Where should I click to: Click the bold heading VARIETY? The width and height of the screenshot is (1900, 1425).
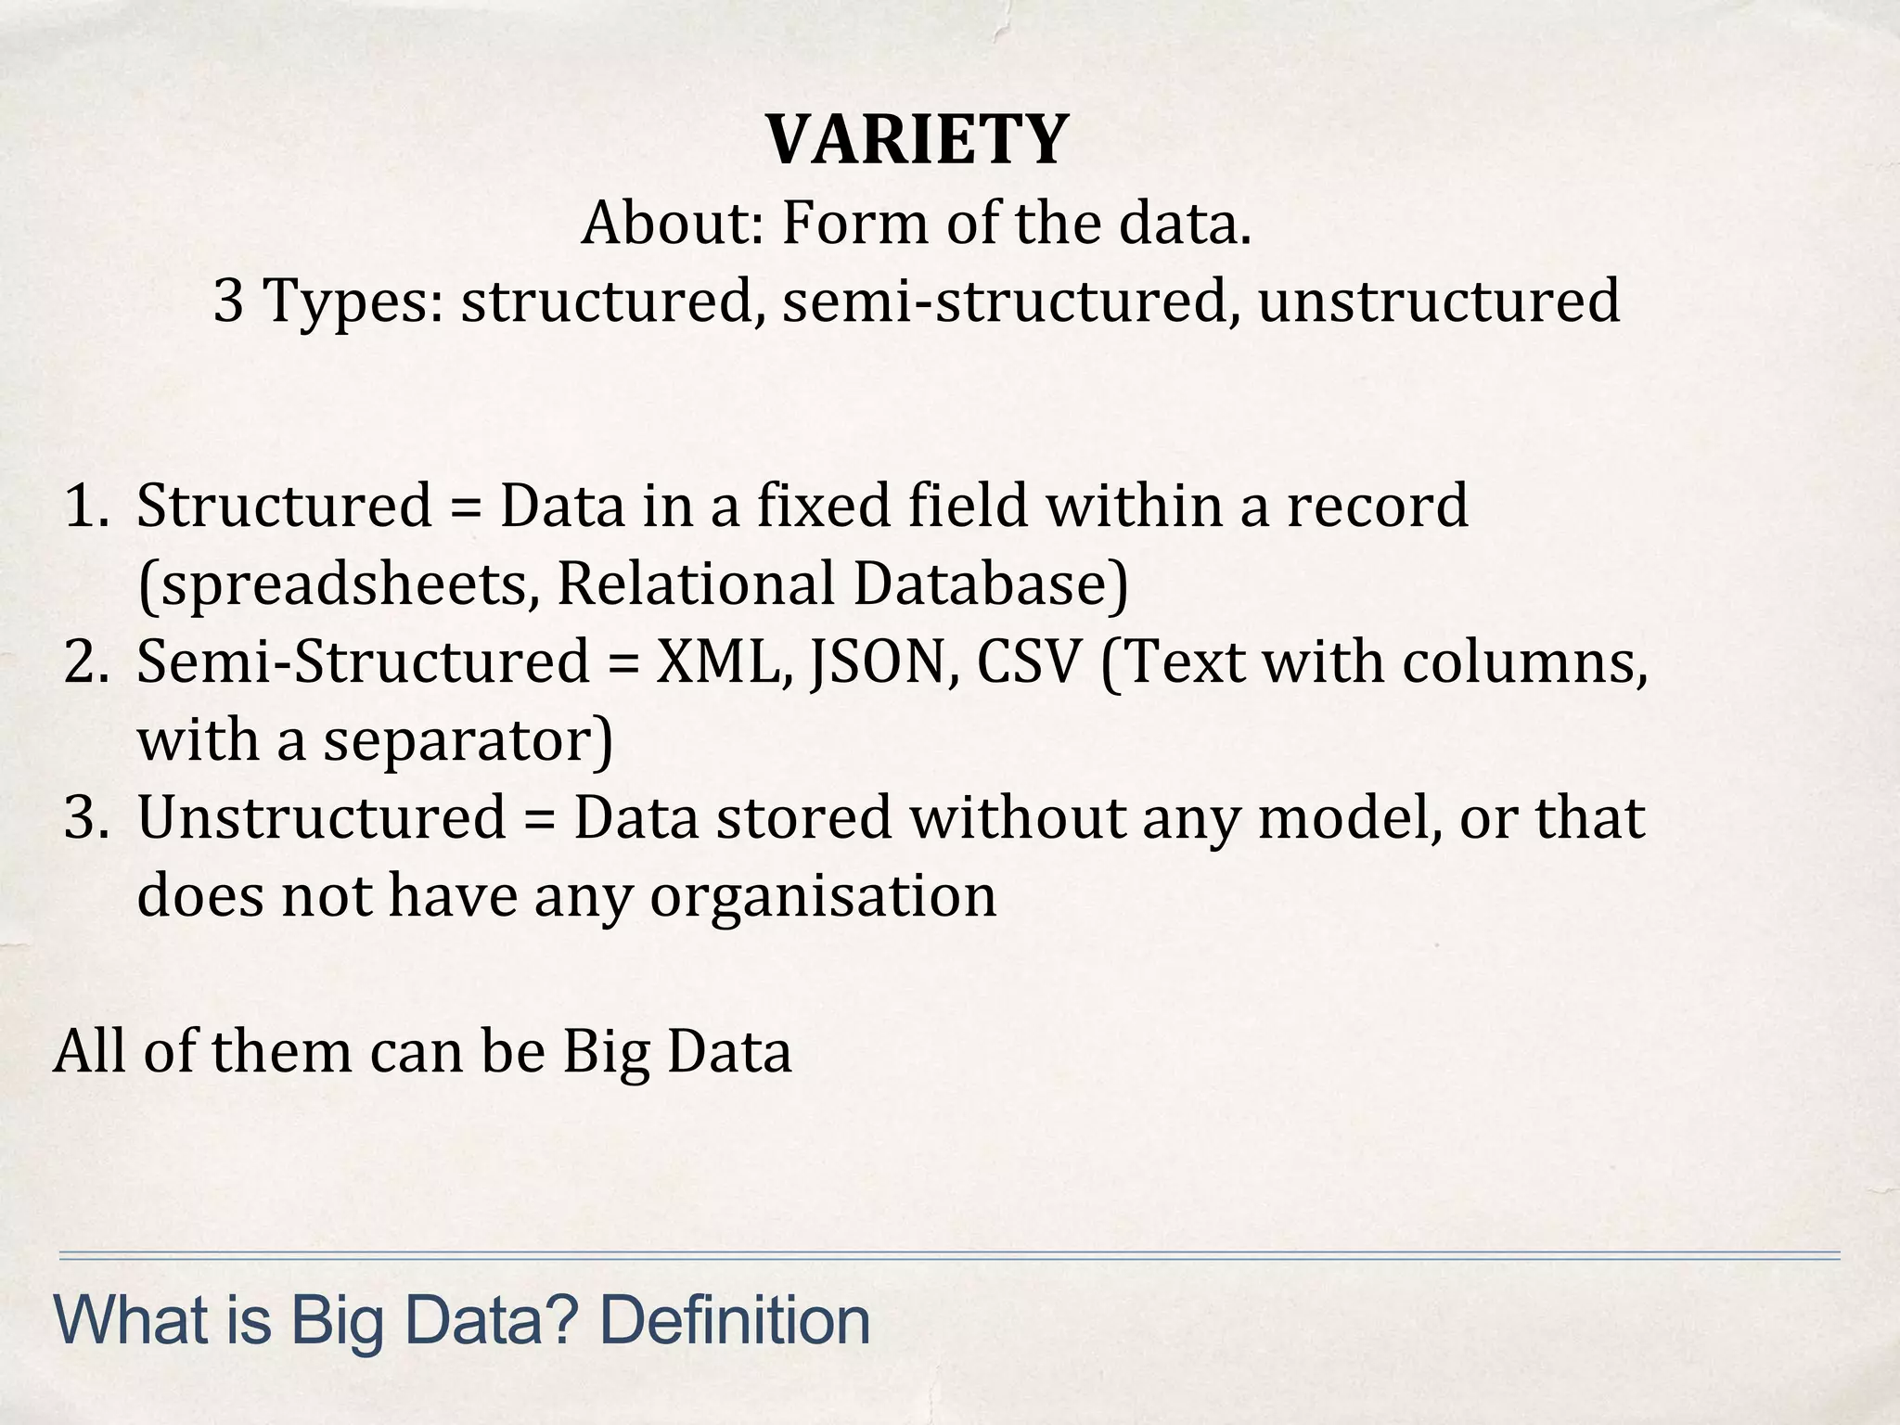(x=917, y=140)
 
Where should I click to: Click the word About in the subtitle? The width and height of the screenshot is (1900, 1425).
(x=668, y=225)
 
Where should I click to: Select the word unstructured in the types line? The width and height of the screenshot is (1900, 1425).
(x=1439, y=302)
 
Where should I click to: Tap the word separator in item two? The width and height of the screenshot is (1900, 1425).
(x=465, y=742)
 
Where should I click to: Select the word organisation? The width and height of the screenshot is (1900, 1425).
(x=822, y=898)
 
